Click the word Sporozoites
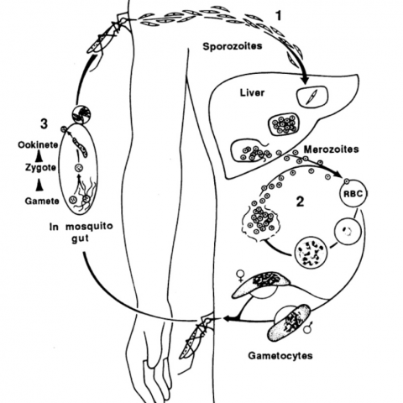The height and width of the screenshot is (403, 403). [233, 46]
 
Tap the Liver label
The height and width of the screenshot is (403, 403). [252, 93]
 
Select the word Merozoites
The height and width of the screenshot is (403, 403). [331, 149]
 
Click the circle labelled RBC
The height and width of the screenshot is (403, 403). [353, 194]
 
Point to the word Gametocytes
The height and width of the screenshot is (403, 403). [280, 356]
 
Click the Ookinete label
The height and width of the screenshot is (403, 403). [38, 145]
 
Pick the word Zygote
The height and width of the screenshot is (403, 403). [40, 168]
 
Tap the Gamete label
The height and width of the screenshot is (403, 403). [42, 201]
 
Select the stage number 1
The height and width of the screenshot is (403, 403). [278, 16]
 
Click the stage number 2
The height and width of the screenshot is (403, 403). [300, 201]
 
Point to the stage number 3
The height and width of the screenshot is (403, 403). [44, 124]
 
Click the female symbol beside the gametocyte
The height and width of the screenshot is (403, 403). [240, 275]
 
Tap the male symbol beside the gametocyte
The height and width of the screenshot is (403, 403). [309, 328]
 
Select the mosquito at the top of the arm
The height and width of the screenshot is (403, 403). [107, 35]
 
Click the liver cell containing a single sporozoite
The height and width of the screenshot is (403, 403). [312, 97]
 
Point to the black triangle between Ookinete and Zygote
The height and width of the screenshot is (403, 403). [40, 157]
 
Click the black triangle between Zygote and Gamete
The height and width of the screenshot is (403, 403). [40, 185]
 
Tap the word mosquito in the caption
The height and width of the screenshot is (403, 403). [89, 227]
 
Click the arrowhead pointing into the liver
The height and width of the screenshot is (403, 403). [305, 80]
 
